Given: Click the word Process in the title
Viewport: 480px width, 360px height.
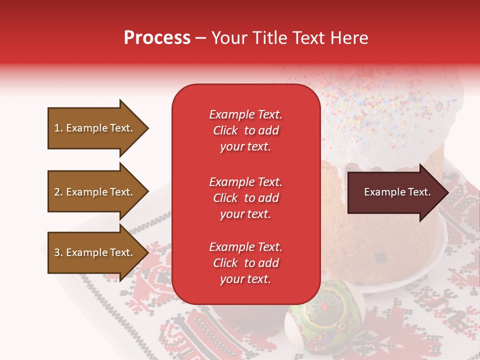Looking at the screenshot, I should click(x=157, y=38).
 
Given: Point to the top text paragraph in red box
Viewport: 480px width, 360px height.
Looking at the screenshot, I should click(x=245, y=130).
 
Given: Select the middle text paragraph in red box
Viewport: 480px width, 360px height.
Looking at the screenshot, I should click(x=245, y=198).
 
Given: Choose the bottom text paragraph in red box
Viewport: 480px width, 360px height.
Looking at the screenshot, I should click(x=245, y=263).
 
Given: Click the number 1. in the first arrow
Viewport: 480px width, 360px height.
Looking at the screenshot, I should click(x=58, y=128).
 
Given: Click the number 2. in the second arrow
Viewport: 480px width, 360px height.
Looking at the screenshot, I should click(x=58, y=192).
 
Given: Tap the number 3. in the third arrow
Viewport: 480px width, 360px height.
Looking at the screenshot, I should click(x=58, y=252).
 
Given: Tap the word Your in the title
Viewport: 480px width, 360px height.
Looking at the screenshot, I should click(x=229, y=38).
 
